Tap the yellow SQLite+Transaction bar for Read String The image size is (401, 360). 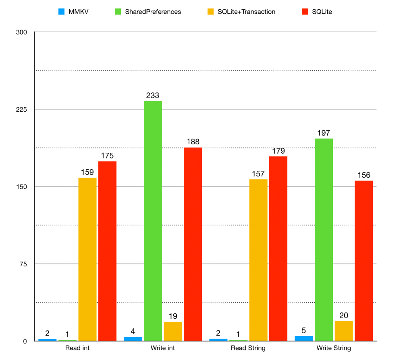(258, 260)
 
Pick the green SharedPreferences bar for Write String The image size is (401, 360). (324, 239)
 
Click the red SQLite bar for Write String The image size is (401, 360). (364, 260)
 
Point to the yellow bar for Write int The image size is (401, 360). (173, 331)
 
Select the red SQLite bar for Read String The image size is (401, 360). (278, 248)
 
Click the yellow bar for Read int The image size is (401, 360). (87, 259)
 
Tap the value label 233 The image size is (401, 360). (153, 96)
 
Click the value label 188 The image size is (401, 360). (193, 142)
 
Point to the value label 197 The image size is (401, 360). (324, 133)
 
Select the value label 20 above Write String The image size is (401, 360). (344, 315)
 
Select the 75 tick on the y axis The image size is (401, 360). (23, 264)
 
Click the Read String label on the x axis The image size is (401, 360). (248, 348)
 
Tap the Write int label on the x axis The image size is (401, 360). (163, 348)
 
